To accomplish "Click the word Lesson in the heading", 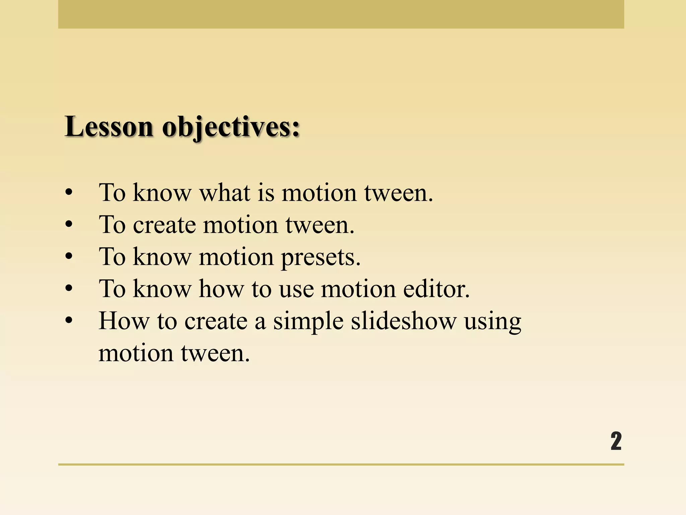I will click(x=109, y=127).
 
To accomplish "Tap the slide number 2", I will click(x=616, y=441).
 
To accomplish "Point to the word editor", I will click(x=436, y=289).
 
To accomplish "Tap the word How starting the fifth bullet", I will click(x=124, y=321).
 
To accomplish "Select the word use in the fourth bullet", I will click(x=296, y=289).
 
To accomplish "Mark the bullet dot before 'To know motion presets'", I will click(x=69, y=257).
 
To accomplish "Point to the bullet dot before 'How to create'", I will click(x=69, y=321).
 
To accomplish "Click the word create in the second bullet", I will click(x=164, y=225).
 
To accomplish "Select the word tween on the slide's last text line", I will click(x=215, y=353).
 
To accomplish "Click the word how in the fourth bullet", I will click(x=221, y=289).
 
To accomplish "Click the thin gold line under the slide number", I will click(x=341, y=464).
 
